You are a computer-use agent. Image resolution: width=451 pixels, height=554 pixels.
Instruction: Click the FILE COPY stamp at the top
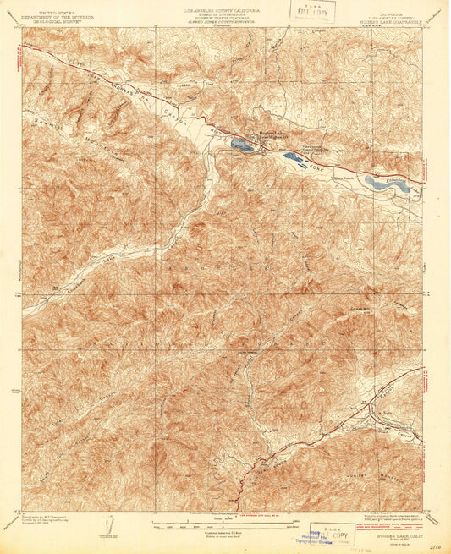click(x=311, y=11)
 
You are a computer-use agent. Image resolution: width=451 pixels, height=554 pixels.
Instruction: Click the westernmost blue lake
click(x=241, y=145)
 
